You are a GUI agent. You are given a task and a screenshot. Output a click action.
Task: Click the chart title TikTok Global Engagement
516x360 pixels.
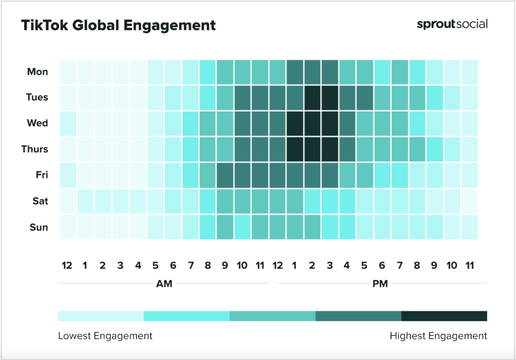(x=118, y=26)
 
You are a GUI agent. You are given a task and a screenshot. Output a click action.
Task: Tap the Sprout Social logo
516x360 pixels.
(x=452, y=24)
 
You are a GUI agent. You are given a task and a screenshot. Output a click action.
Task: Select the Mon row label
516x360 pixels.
(x=38, y=72)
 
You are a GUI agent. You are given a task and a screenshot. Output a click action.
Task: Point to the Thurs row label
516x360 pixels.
(x=35, y=150)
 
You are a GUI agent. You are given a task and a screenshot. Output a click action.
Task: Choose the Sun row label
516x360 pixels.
(x=38, y=228)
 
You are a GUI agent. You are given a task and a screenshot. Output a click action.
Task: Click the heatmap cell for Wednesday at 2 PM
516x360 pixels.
(x=312, y=123)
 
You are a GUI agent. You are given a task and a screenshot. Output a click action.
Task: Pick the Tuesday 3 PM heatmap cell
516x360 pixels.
(x=330, y=98)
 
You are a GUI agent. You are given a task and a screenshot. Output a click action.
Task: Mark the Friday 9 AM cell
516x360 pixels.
(x=225, y=175)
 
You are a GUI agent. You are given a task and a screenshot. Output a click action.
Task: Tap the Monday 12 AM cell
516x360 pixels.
(x=68, y=71)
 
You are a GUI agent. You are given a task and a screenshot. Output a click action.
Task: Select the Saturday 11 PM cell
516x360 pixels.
(x=470, y=201)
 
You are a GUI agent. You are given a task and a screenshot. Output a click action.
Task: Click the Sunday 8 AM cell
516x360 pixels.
(x=208, y=227)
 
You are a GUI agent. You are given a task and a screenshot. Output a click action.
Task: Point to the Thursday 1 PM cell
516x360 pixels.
(x=295, y=150)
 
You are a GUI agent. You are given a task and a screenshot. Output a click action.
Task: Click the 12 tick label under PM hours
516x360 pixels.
(x=277, y=265)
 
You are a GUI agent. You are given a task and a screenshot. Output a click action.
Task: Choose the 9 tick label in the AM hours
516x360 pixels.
(x=225, y=265)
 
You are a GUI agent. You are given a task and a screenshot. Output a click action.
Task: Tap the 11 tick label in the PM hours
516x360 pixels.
(x=469, y=265)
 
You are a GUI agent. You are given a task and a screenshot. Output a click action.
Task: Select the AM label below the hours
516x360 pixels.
(x=164, y=284)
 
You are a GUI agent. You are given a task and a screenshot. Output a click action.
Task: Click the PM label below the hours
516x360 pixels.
(x=380, y=284)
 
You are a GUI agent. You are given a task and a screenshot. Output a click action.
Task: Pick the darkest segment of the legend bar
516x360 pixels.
(x=444, y=316)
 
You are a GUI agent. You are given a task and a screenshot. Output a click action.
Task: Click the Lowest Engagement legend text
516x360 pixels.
(x=105, y=336)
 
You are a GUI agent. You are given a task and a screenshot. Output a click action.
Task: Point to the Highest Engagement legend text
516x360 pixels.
(x=438, y=336)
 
